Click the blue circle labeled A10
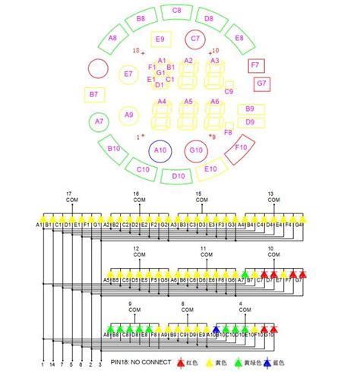160,150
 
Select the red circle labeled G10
196,150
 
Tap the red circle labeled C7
195,38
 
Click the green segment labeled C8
176,11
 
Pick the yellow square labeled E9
159,39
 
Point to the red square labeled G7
261,82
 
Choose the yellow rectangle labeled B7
94,94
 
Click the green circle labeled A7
99,121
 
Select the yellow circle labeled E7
128,74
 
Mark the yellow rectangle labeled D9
249,121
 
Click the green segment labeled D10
178,176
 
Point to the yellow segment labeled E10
212,169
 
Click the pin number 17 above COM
69,194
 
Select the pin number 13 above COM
270,194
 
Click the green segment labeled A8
113,37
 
